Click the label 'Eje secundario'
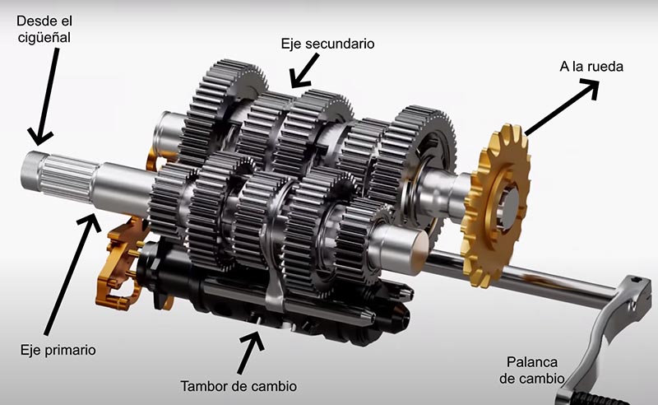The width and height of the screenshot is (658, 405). (x=327, y=44)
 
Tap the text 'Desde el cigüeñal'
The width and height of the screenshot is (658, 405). (x=44, y=29)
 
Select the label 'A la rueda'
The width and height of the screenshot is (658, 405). (x=591, y=67)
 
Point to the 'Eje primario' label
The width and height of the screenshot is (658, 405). (x=58, y=350)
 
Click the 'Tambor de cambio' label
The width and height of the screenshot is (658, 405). (x=239, y=386)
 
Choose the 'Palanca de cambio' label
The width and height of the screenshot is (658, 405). (x=531, y=370)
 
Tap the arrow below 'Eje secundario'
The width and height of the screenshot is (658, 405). (x=305, y=71)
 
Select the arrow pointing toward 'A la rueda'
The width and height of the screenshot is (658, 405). (x=563, y=108)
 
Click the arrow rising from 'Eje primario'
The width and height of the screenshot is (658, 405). (x=72, y=273)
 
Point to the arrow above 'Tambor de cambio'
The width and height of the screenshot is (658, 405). (x=251, y=352)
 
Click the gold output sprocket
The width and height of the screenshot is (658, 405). (x=495, y=206)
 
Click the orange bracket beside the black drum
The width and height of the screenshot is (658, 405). (x=119, y=264)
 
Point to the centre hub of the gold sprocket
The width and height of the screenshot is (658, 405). (x=507, y=205)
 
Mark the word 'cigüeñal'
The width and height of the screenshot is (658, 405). (x=44, y=37)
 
